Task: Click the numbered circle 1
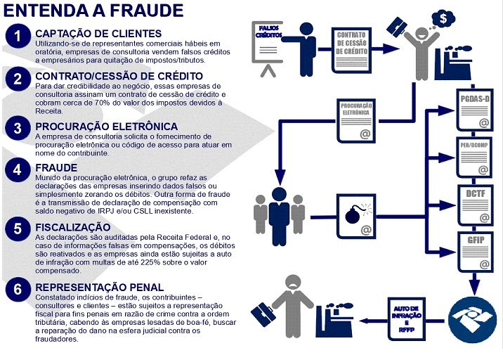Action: click(18, 36)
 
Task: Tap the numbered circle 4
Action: click(18, 169)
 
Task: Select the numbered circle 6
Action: click(18, 290)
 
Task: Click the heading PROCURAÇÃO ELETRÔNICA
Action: click(107, 127)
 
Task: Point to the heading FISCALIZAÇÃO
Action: click(73, 227)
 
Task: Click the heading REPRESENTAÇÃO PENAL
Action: click(100, 287)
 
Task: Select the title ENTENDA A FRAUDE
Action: click(93, 11)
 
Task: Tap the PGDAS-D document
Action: click(475, 110)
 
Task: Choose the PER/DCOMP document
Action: click(474, 157)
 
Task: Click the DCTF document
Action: click(475, 205)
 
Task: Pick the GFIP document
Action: click(475, 252)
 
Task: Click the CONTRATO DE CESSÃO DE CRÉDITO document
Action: click(351, 51)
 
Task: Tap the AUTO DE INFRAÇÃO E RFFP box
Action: click(407, 319)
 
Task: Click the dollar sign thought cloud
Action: click(444, 18)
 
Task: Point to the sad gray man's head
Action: click(294, 283)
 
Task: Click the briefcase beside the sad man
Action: click(263, 315)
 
